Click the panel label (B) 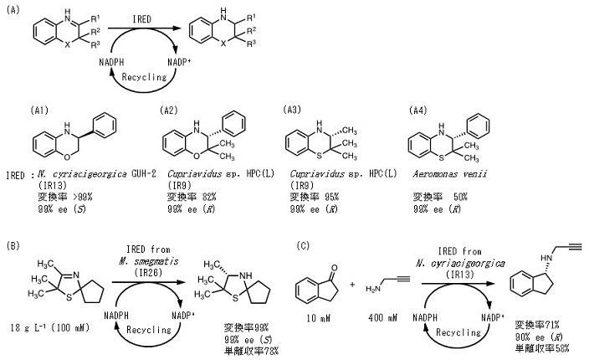(x=13, y=244)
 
